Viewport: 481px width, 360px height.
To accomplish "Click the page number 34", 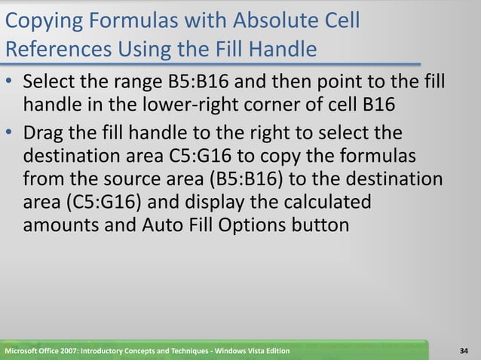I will (464, 352).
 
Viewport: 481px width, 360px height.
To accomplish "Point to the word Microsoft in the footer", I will (23, 352).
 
